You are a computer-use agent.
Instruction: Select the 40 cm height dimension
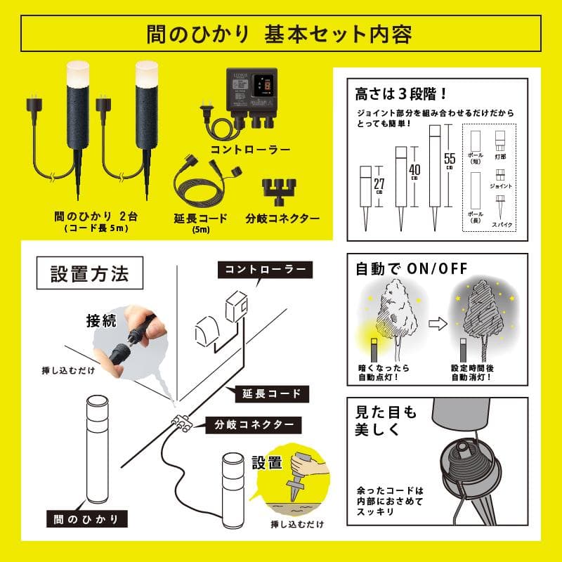[414, 171]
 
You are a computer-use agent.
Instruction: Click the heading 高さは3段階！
[393, 92]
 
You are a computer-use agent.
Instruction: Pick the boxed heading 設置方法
[89, 274]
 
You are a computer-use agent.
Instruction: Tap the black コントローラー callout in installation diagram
[264, 269]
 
